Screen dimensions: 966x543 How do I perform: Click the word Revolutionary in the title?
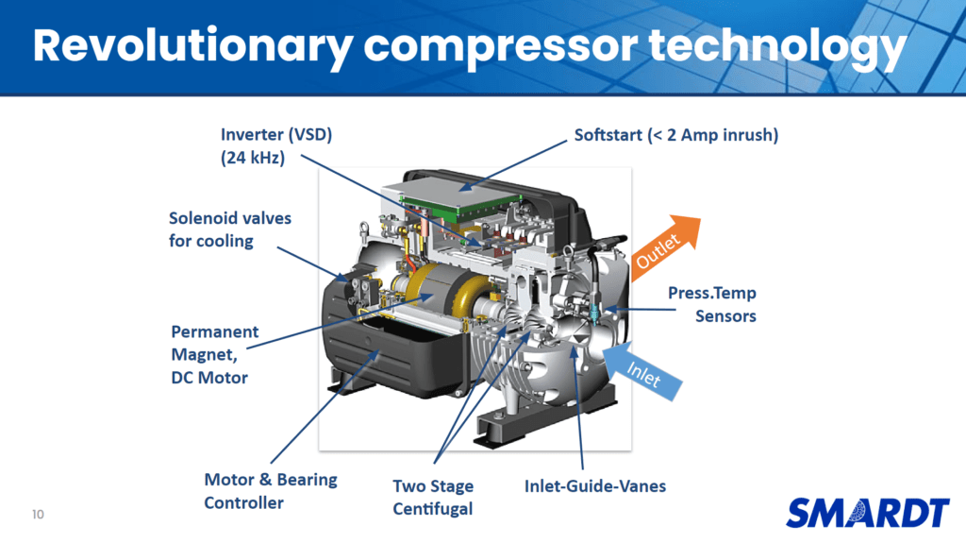coord(192,47)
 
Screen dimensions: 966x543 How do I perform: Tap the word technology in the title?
coord(777,47)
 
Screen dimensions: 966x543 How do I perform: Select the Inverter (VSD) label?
coord(276,134)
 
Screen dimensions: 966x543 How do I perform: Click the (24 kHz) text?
coord(253,158)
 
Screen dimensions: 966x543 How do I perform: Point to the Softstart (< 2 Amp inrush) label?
coord(675,134)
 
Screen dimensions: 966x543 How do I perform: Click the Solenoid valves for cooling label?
coord(230,229)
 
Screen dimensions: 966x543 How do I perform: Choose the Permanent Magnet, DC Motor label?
coord(214,355)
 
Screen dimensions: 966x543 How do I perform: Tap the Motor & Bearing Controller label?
coord(271,491)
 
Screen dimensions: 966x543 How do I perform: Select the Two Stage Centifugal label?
coord(433,498)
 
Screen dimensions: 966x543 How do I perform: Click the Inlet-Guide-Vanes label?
coord(595,486)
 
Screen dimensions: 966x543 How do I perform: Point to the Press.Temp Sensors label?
coord(712,304)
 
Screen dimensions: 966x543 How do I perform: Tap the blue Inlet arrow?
coord(642,370)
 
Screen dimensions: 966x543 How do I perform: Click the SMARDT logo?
coord(868,513)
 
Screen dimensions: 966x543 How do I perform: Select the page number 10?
coord(38,515)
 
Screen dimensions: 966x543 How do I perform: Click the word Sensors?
coord(725,316)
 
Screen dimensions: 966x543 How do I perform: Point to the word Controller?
coord(244,503)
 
